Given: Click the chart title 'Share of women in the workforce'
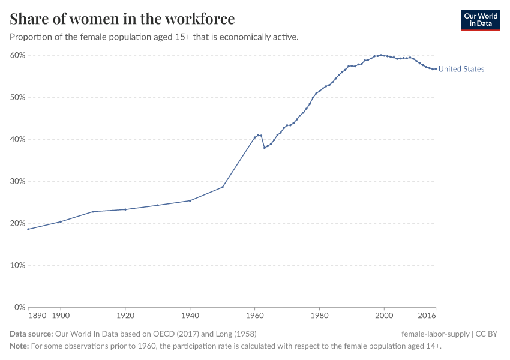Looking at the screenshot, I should tap(122, 19).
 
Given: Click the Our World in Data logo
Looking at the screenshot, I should tap(480, 20).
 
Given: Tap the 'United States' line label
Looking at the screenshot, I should tap(461, 69).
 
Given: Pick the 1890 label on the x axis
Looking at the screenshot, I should tap(38, 315).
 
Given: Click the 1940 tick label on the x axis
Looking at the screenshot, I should tap(190, 315).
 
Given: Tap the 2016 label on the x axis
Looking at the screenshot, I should tap(427, 315).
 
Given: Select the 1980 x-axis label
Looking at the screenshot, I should tap(319, 315).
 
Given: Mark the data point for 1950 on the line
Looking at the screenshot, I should tap(223, 187).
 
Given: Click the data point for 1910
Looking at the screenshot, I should tap(93, 211).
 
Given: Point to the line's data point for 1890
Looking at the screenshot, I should tap(28, 229).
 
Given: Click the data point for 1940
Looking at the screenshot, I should tap(190, 200).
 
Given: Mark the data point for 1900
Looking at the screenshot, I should tap(61, 221).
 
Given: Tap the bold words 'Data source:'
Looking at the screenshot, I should tap(31, 334).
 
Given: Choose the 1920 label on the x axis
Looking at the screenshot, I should tap(125, 315).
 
